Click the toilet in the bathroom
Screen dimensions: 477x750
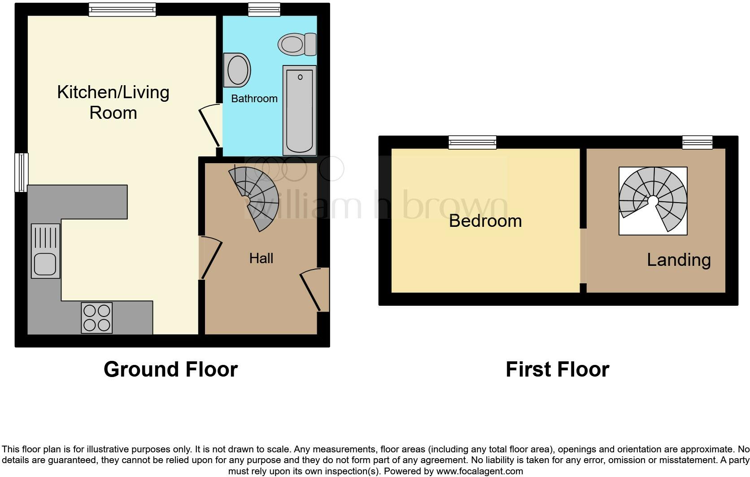point(297,44)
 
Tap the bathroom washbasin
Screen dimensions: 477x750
point(237,70)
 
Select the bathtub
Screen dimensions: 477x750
point(300,110)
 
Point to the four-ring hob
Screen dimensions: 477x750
point(96,318)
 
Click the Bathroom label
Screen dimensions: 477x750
point(254,99)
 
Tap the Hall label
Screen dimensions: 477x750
point(261,258)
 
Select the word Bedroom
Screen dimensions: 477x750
point(485,221)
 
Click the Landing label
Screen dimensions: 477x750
point(679,260)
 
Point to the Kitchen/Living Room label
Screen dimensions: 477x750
point(113,102)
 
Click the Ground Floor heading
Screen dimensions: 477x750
point(170,369)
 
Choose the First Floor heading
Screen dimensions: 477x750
point(557,369)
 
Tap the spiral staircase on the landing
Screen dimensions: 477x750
point(653,200)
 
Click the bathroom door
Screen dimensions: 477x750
point(210,126)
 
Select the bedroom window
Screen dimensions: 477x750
point(473,143)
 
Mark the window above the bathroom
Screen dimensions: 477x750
point(264,10)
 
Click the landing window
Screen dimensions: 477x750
point(697,143)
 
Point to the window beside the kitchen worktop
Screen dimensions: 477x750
point(22,173)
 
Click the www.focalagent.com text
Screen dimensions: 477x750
point(480,471)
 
